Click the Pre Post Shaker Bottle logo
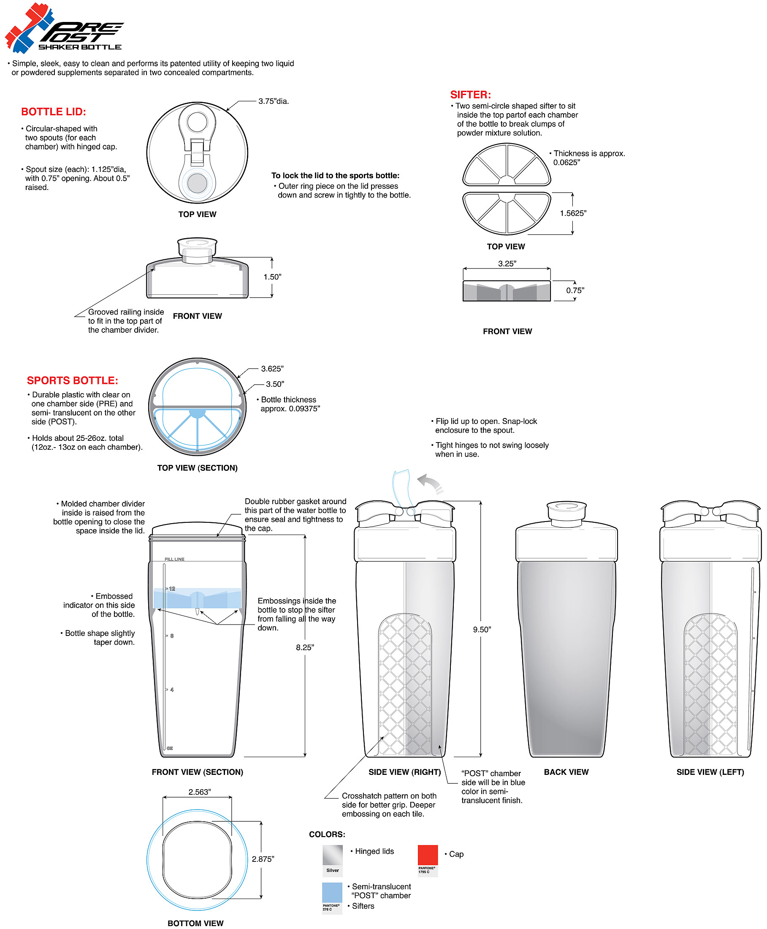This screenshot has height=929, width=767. click(64, 29)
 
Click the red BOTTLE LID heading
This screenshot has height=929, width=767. click(54, 112)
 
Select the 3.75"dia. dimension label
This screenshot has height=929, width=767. click(274, 101)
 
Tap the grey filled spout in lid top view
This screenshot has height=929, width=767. click(197, 183)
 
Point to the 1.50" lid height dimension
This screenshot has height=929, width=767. click(272, 277)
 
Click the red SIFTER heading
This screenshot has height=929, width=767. click(470, 95)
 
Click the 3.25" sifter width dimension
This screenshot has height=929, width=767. click(507, 264)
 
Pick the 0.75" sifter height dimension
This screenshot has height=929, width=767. click(575, 291)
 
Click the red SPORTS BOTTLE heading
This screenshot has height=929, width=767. click(73, 380)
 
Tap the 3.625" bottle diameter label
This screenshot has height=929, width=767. click(272, 369)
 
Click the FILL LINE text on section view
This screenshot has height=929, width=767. click(174, 559)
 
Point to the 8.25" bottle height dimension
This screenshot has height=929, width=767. click(305, 647)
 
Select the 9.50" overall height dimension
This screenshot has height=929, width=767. click(482, 629)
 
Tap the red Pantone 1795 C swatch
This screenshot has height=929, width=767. click(427, 855)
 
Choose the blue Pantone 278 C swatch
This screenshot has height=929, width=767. click(332, 892)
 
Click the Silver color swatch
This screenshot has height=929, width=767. click(332, 855)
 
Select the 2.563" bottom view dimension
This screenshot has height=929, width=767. click(199, 792)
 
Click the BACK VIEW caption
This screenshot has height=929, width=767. click(566, 772)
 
